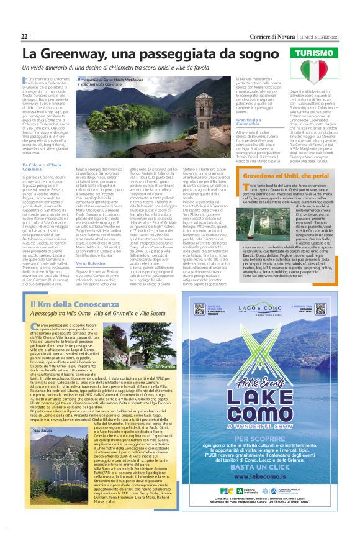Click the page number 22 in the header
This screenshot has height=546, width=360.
point(25,36)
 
